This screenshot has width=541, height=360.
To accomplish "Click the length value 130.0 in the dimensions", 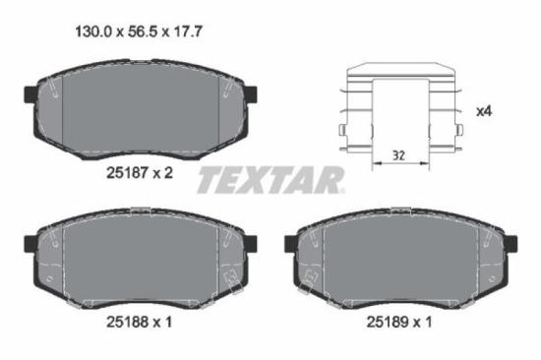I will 93,32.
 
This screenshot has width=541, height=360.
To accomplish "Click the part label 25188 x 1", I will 139,320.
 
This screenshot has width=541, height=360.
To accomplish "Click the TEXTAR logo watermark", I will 270,180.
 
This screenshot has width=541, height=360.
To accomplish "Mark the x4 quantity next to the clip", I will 483,111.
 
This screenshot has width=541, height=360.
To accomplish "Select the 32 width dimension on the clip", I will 397,154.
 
